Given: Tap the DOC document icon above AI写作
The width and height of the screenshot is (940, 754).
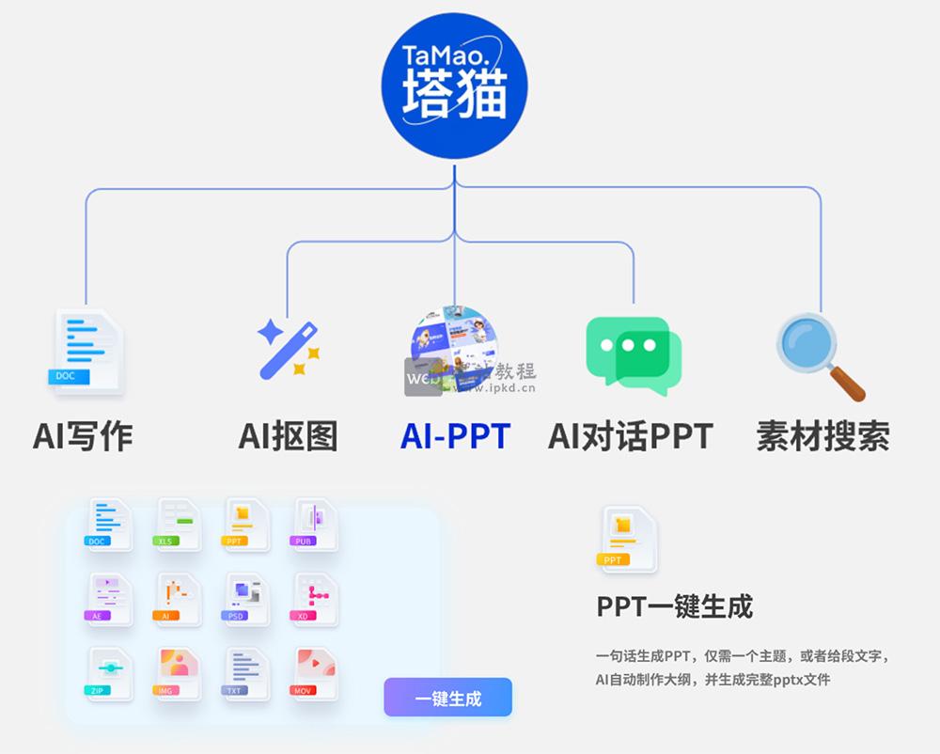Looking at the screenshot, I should pos(86,350).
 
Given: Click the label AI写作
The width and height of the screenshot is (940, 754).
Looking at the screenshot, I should pos(83,435).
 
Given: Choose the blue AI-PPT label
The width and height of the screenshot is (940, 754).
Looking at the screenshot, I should pos(455,435).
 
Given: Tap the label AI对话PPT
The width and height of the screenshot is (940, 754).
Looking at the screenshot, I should pos(630,435).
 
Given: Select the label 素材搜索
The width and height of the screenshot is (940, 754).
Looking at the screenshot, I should pos(822,435).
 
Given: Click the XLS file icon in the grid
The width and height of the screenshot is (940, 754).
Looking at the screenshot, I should pos(177,524).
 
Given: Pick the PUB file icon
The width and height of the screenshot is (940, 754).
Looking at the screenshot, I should pos(315,524).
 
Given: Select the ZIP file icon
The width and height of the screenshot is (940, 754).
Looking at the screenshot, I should pos(109,671).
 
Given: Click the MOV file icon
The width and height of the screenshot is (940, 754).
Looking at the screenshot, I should pos(315,671).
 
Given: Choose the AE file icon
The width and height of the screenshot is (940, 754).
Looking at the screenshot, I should pos(109,598).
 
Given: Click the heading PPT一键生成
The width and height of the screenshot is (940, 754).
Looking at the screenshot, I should pos(675,606).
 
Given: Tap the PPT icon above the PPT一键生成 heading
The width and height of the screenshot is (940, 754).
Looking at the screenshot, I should pos(627,538).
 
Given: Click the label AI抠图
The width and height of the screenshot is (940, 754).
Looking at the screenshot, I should pos(288,435).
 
